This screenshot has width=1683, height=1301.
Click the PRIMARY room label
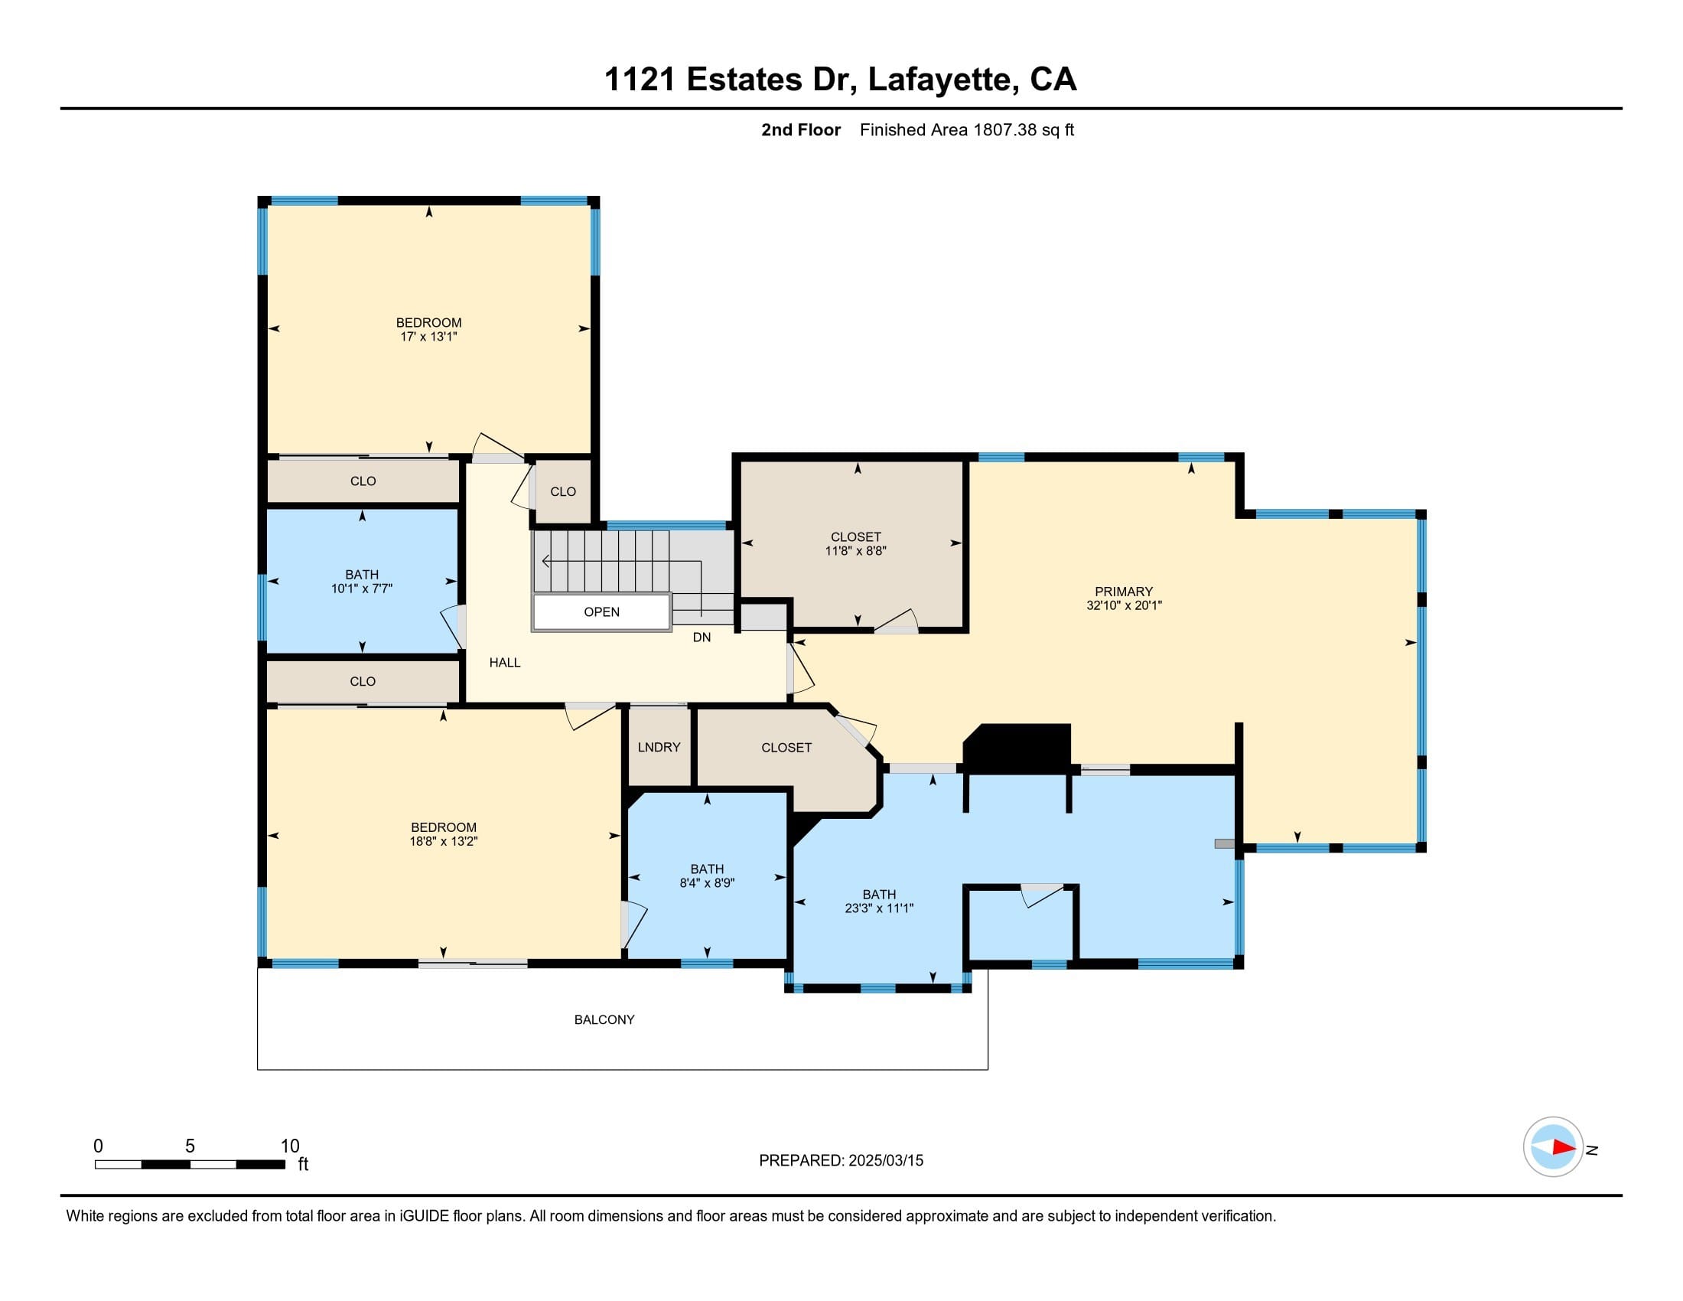(x=1124, y=591)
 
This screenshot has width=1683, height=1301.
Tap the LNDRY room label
(x=659, y=747)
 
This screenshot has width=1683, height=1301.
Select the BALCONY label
(x=604, y=1019)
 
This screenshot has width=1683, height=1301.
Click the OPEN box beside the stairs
(x=602, y=613)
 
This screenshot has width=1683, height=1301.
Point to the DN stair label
(x=702, y=637)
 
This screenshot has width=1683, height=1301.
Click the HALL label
(x=505, y=662)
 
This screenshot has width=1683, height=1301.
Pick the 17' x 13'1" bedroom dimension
(x=428, y=337)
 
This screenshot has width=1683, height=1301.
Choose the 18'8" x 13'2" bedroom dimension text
(x=443, y=842)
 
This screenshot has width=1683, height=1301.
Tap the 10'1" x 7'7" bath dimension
(x=361, y=589)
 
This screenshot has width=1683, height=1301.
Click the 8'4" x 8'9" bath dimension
(x=707, y=883)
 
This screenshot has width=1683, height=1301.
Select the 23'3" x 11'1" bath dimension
(x=878, y=908)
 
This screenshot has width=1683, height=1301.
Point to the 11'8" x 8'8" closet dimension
(x=855, y=551)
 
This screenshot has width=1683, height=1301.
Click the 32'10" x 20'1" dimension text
(x=1124, y=606)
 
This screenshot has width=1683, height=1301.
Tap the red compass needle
(x=1564, y=1148)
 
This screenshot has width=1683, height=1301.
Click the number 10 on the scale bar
(x=290, y=1146)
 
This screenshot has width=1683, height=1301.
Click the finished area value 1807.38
(x=1005, y=129)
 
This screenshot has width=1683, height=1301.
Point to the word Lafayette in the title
(x=940, y=80)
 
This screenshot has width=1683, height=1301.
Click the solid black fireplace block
(x=1017, y=748)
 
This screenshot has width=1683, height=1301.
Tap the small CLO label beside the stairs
(x=562, y=492)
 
